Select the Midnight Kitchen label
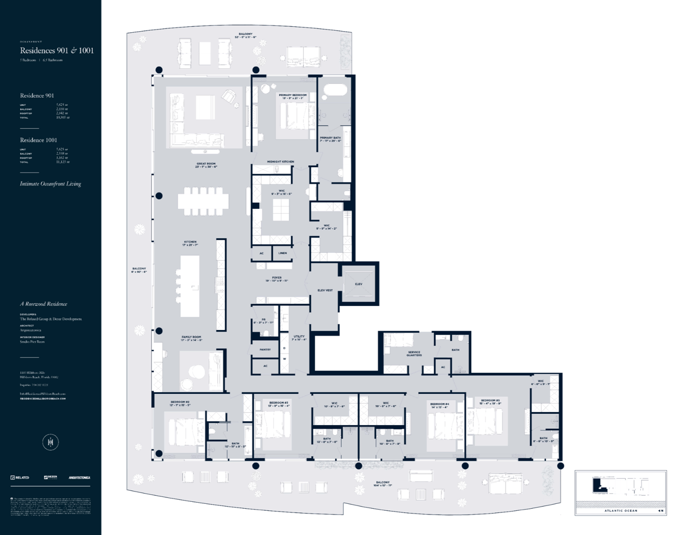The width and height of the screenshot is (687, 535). pos(281,162)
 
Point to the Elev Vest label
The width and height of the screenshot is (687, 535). pos(325,290)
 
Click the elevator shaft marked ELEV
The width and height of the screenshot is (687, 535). pos(359,284)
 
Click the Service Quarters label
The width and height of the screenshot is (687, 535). pos(414,354)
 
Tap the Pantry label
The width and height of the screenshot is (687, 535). pos(265,349)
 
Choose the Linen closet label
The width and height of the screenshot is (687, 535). pos(282,253)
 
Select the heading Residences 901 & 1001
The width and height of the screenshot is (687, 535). pos(57,50)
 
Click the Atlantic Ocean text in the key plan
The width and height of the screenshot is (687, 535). pos(620,510)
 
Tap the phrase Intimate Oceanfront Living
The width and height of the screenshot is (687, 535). pos(50,184)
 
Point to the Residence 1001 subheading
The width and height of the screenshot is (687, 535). pos(39,140)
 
